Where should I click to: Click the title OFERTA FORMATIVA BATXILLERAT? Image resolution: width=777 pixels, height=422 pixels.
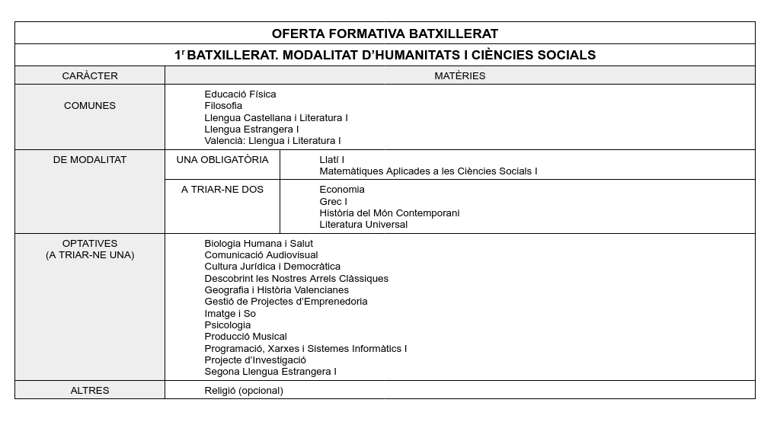point(385,34)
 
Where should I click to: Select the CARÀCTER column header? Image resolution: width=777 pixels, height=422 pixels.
point(90,75)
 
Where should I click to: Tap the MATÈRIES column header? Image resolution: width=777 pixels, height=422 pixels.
point(459,75)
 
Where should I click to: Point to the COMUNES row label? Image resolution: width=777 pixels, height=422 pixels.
point(90,106)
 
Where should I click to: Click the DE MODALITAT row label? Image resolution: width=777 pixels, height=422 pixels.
point(90,160)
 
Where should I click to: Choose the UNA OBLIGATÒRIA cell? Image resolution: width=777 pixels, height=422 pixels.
point(222,160)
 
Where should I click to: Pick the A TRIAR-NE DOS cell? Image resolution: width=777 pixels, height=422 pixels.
point(222,190)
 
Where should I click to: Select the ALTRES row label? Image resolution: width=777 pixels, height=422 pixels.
point(90,390)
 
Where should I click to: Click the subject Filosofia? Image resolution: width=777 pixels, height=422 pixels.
point(223,106)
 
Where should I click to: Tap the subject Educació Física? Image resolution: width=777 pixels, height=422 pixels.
point(240,94)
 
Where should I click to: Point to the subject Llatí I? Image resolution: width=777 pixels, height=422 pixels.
point(332,160)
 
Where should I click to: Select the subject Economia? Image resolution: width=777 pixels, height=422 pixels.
point(342,190)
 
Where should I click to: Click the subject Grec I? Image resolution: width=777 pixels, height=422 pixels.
point(333,201)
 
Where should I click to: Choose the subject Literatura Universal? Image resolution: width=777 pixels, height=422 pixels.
point(363,225)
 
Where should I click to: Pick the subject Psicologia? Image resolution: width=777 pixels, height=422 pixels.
point(227,325)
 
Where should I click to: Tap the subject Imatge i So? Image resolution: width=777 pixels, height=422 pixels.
point(230,314)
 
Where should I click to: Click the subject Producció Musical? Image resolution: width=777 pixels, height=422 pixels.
point(245,337)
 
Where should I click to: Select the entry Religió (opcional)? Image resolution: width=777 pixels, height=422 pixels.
point(244,390)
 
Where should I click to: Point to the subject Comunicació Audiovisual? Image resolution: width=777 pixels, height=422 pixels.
point(261,255)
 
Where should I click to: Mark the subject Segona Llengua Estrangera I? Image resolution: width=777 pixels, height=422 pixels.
point(270,372)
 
